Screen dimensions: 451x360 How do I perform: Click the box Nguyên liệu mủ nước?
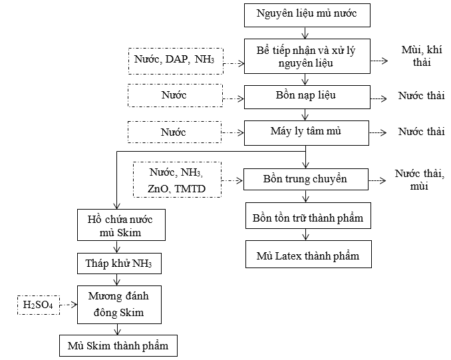[x=307, y=15]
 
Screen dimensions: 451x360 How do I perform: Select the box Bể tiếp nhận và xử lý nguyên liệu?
[x=307, y=56]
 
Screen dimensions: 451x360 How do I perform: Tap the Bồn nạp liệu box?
[x=307, y=97]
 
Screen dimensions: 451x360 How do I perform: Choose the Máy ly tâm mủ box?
[x=307, y=133]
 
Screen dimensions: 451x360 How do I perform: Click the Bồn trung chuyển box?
[x=306, y=179]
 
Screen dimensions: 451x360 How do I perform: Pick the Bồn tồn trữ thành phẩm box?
[x=308, y=216]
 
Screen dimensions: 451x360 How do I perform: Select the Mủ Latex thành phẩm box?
[x=309, y=254]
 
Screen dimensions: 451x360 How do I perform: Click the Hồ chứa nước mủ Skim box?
[x=121, y=225]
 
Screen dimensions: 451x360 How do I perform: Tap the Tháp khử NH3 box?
[x=119, y=264]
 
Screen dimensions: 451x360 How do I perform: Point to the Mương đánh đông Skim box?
[x=119, y=305]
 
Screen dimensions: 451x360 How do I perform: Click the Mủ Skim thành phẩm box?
[x=118, y=345]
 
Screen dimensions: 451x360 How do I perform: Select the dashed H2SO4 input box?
[x=39, y=305]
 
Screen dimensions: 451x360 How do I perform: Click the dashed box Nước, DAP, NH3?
[x=176, y=61]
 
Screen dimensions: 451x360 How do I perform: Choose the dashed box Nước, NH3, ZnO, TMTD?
[x=177, y=180]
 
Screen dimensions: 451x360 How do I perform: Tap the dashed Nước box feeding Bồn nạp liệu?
[x=175, y=96]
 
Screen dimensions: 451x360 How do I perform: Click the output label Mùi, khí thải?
[x=422, y=56]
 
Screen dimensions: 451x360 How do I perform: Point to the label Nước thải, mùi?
[x=419, y=180]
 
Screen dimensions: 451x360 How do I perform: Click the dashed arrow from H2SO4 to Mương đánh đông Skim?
[x=69, y=305]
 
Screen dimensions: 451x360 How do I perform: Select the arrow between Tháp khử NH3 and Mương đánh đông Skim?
[x=117, y=279]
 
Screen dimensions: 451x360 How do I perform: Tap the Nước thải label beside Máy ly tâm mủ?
[x=421, y=132]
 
